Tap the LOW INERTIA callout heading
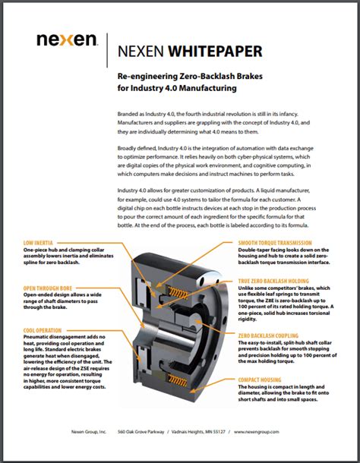[39, 244]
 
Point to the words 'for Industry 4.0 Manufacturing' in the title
[177, 90]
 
